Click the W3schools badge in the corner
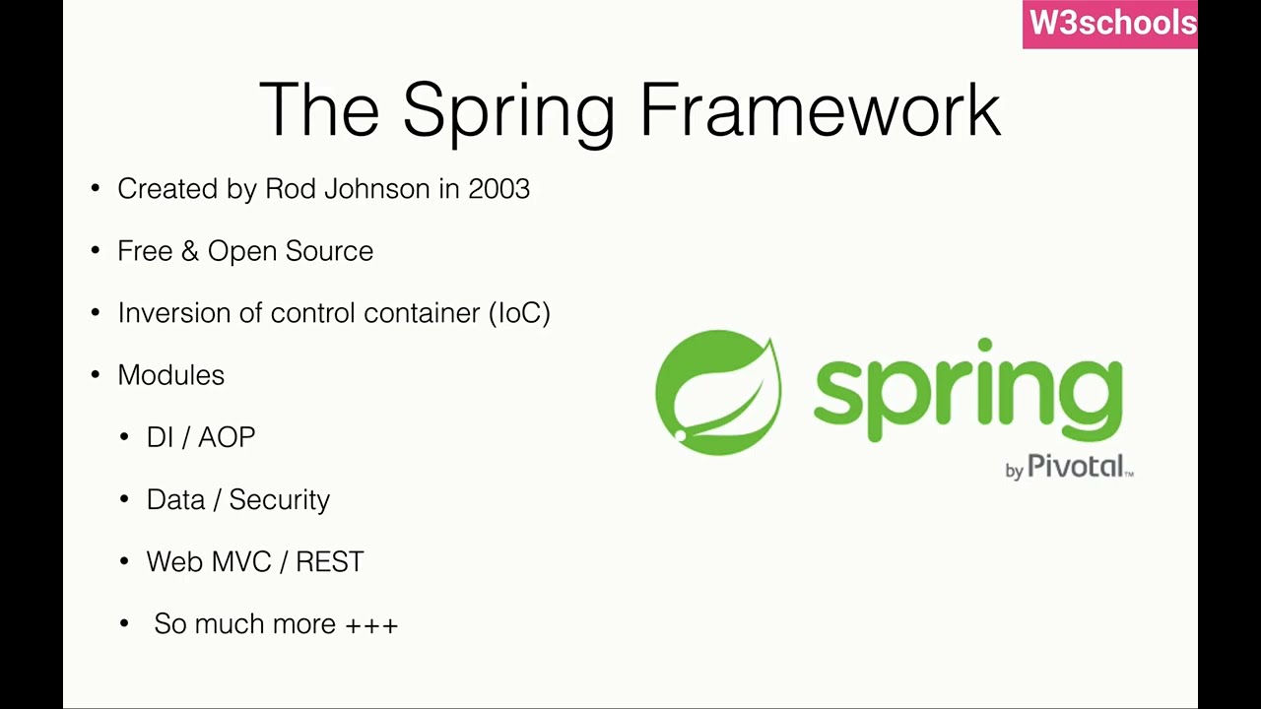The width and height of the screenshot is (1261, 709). click(1110, 24)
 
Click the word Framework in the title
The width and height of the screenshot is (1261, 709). click(820, 109)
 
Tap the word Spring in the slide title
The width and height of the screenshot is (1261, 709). click(508, 111)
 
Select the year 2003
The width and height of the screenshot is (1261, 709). click(498, 189)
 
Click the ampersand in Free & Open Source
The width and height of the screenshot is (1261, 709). click(189, 251)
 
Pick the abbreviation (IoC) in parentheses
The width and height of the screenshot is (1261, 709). click(519, 313)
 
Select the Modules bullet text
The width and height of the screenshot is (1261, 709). click(170, 375)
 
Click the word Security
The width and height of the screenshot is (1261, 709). click(279, 500)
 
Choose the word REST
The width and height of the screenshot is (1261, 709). click(329, 562)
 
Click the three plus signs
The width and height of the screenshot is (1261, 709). click(371, 625)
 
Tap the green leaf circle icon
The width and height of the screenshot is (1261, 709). click(718, 393)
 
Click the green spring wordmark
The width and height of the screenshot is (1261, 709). click(967, 392)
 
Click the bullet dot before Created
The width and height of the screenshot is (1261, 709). click(96, 189)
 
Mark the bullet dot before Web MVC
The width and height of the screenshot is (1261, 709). click(124, 561)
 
